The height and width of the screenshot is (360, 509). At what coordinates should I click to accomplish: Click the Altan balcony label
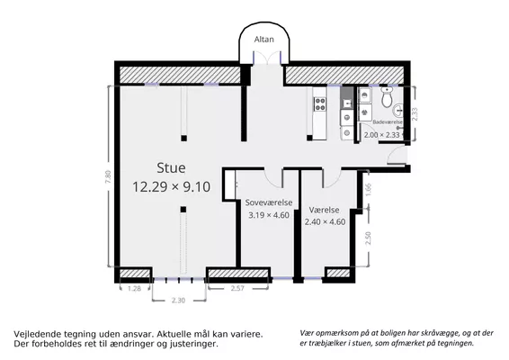click(263, 40)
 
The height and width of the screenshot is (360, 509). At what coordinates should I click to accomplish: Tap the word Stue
click(171, 167)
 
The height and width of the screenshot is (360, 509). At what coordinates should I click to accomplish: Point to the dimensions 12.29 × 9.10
click(171, 187)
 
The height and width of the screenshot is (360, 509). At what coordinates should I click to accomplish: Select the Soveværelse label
click(269, 202)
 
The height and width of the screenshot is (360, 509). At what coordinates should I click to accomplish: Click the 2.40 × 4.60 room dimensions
click(325, 222)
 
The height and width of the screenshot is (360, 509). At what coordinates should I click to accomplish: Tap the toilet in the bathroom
click(387, 96)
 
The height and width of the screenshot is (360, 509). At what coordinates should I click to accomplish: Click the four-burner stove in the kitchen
click(320, 104)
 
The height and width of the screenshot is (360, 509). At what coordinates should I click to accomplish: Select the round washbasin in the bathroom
click(398, 111)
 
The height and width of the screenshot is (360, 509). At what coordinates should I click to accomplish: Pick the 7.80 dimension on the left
click(108, 177)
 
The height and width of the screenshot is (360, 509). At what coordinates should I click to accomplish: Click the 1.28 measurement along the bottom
click(134, 289)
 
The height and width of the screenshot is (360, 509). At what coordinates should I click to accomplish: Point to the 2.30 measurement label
click(178, 301)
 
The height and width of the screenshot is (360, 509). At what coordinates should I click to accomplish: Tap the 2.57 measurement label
click(237, 288)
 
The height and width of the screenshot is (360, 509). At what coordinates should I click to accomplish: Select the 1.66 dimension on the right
click(368, 190)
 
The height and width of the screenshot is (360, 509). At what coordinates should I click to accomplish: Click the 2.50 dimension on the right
click(368, 238)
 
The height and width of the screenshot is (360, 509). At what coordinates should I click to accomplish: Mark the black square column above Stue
click(183, 138)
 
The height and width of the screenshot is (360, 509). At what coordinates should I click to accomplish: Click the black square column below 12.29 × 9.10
click(183, 209)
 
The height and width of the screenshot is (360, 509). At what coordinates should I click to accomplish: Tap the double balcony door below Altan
click(267, 58)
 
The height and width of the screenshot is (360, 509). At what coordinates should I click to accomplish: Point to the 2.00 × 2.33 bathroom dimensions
click(381, 135)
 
